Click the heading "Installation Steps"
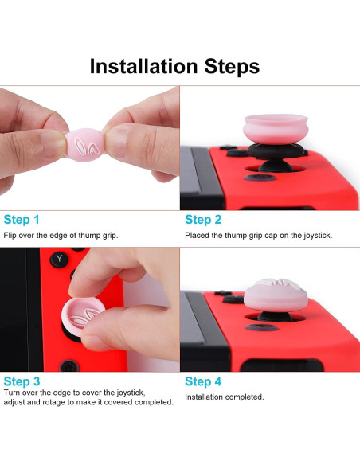tap(174, 66)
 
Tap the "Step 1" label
tap(22, 220)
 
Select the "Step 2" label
tap(203, 220)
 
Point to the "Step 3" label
tap(22, 381)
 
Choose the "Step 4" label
tap(203, 381)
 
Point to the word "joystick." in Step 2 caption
tap(315, 236)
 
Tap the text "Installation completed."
tap(224, 397)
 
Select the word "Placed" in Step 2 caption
tap(198, 236)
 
